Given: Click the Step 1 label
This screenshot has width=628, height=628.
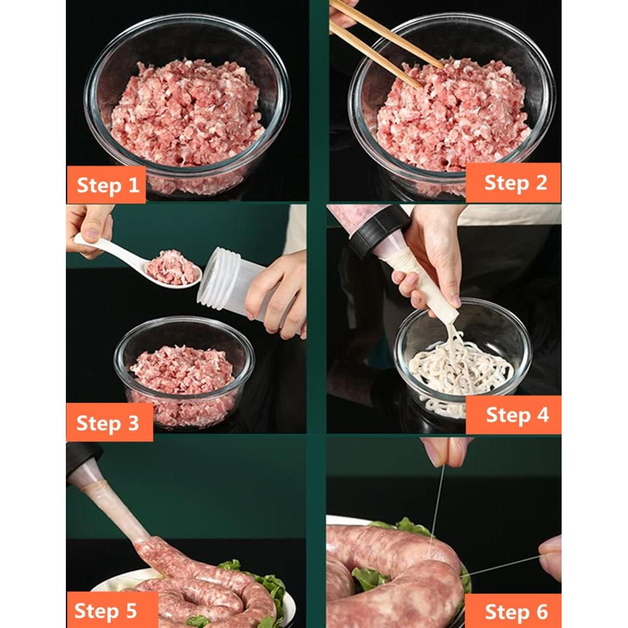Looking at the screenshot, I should [107, 185].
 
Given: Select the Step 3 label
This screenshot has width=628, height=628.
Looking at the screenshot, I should [107, 423].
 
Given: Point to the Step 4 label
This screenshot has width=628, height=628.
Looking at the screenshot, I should [517, 415].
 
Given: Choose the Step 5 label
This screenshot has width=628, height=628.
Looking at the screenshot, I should [105, 611].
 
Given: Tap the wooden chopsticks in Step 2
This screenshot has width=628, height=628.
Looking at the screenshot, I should [376, 40].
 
